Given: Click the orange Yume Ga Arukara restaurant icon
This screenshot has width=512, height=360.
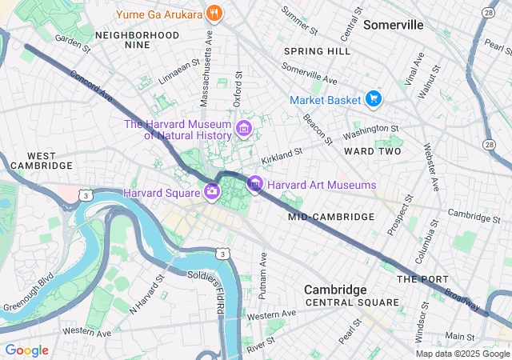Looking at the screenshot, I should [213, 13].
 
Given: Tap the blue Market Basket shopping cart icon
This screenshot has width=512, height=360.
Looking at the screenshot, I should [373, 100].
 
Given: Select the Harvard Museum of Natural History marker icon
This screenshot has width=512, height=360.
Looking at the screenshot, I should [245, 128].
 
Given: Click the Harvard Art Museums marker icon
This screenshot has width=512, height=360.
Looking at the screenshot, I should [254, 185].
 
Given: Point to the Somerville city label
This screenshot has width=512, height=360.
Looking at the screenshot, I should [393, 25].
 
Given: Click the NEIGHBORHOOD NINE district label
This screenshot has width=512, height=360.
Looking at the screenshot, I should [137, 41].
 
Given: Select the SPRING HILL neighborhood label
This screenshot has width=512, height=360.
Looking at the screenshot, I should [317, 51].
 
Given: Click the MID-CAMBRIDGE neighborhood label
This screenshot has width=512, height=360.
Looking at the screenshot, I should [331, 217].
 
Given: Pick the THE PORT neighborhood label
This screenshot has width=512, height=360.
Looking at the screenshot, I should [419, 278].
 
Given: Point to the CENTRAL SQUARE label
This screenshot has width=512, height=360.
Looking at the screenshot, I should [352, 302].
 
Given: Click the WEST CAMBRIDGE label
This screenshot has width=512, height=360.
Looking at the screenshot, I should [38, 160].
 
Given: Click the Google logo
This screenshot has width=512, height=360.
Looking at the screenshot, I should [26, 350].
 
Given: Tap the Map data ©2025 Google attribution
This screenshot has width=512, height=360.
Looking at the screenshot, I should [462, 354].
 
